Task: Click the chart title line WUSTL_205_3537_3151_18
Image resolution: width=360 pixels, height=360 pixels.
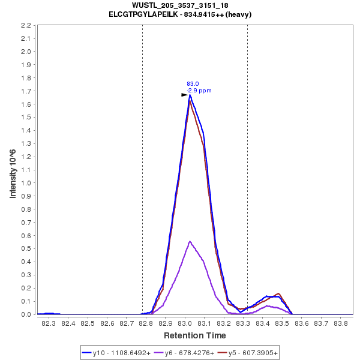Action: tap(180, 5)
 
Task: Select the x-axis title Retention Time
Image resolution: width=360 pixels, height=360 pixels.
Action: tap(195, 335)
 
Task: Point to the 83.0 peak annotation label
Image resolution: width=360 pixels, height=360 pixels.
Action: tap(193, 84)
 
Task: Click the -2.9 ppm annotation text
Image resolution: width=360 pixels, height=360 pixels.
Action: tap(199, 91)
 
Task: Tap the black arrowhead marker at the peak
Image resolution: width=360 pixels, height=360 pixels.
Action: tap(185, 95)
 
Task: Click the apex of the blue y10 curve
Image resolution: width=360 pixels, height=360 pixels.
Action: tap(190, 95)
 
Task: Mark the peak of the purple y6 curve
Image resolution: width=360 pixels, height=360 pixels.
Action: tap(190, 242)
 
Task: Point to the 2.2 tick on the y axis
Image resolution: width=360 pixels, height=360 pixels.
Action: tap(26, 26)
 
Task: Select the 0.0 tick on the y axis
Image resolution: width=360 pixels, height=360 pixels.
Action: tap(26, 314)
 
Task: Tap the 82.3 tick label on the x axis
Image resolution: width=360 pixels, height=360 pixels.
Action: tap(49, 323)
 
